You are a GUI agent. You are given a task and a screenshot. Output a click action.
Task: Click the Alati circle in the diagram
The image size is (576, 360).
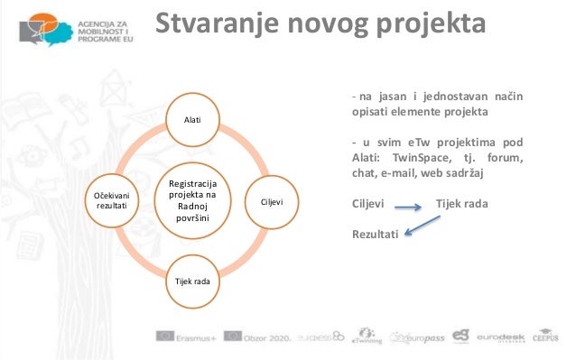point(192,119)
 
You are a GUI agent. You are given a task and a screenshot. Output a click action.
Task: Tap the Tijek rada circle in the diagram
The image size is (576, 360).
point(191,282)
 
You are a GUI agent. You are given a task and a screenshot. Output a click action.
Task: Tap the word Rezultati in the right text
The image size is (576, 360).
point(375,235)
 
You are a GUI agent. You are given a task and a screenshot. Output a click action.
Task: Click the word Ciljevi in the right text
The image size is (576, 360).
point(368,203)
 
